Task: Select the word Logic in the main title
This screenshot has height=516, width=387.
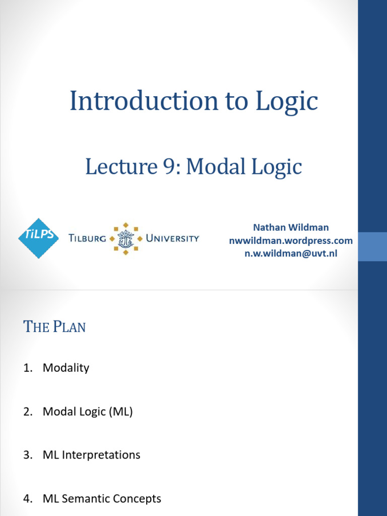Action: [x=287, y=102]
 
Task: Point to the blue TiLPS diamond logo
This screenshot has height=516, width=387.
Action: [x=38, y=238]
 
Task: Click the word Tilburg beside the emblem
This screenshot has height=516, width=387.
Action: [x=87, y=238]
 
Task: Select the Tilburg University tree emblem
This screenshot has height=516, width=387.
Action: [x=125, y=238]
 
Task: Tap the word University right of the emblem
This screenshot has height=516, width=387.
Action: [x=172, y=238]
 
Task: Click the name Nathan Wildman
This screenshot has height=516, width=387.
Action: [x=291, y=227]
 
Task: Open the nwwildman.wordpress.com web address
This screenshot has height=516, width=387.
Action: [x=291, y=240]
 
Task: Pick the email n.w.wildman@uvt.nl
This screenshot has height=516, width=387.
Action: [x=291, y=253]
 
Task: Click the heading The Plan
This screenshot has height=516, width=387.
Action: [x=54, y=327]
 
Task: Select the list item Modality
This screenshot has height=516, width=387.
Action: [x=66, y=367]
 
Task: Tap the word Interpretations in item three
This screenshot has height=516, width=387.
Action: [x=101, y=455]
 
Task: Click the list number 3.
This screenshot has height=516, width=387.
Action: [x=28, y=455]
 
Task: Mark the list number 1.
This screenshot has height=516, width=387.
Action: [x=28, y=367]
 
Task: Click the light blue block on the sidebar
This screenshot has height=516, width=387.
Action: [x=372, y=247]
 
